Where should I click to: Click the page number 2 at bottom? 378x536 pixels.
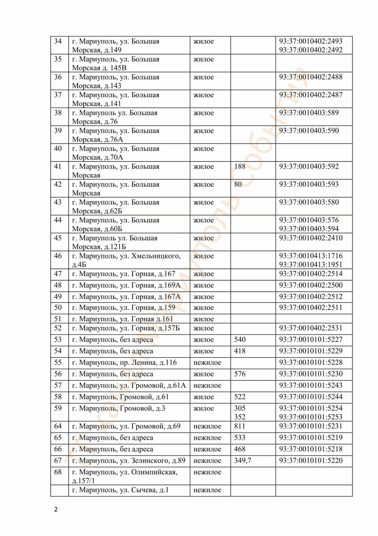click(x=56, y=510)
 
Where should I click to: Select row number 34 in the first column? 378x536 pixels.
click(x=58, y=41)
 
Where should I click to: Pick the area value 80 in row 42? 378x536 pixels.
click(x=238, y=184)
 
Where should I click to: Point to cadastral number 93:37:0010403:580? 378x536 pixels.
click(x=309, y=202)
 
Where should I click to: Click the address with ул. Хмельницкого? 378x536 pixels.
click(x=126, y=260)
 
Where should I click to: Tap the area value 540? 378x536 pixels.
click(x=240, y=340)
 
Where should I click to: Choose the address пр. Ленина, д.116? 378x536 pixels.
click(x=124, y=362)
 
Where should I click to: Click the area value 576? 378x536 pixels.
click(x=240, y=374)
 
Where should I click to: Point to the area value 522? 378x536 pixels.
click(x=240, y=397)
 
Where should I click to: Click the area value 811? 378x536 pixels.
click(x=240, y=426)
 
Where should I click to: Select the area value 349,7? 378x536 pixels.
click(x=243, y=461)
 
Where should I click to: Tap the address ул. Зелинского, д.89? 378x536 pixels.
click(x=128, y=461)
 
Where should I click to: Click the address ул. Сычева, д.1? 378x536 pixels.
click(x=120, y=490)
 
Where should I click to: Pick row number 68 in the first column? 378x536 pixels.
click(x=58, y=472)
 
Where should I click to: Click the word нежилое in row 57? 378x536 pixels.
click(x=207, y=385)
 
